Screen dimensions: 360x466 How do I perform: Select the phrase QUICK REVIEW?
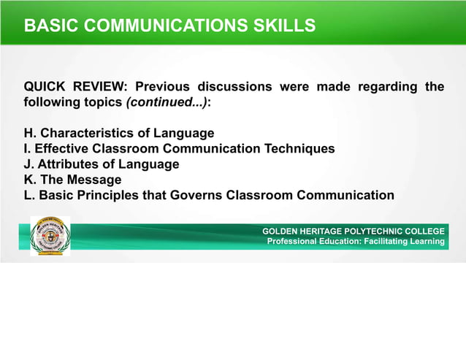click(x=75, y=88)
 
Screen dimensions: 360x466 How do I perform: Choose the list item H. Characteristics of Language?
click(x=119, y=134)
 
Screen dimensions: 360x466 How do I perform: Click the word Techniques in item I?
click(x=299, y=149)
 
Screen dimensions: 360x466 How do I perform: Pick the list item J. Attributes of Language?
click(x=102, y=164)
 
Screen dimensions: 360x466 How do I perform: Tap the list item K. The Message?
click(x=73, y=180)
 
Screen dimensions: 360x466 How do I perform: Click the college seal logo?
click(x=50, y=236)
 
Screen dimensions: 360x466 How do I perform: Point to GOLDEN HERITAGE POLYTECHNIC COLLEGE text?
click(x=354, y=231)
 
